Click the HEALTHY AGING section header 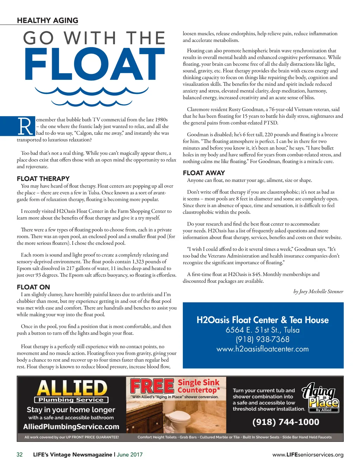pos(47,20)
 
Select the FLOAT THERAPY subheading pos(43,178)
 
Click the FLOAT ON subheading pos(33,287)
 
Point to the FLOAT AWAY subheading pos(204,173)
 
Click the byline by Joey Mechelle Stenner pos(318,291)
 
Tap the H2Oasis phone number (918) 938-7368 pos(263,339)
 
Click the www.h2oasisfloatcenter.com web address pos(263,349)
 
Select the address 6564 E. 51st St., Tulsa pos(263,330)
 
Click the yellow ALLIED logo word pos(72,388)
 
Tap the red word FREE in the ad pos(152,386)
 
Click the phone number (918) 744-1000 pos(286,422)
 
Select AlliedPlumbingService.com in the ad pos(71,427)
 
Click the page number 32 pos(20,455)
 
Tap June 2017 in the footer pos(130,455)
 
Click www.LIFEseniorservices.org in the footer pos(308,455)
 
